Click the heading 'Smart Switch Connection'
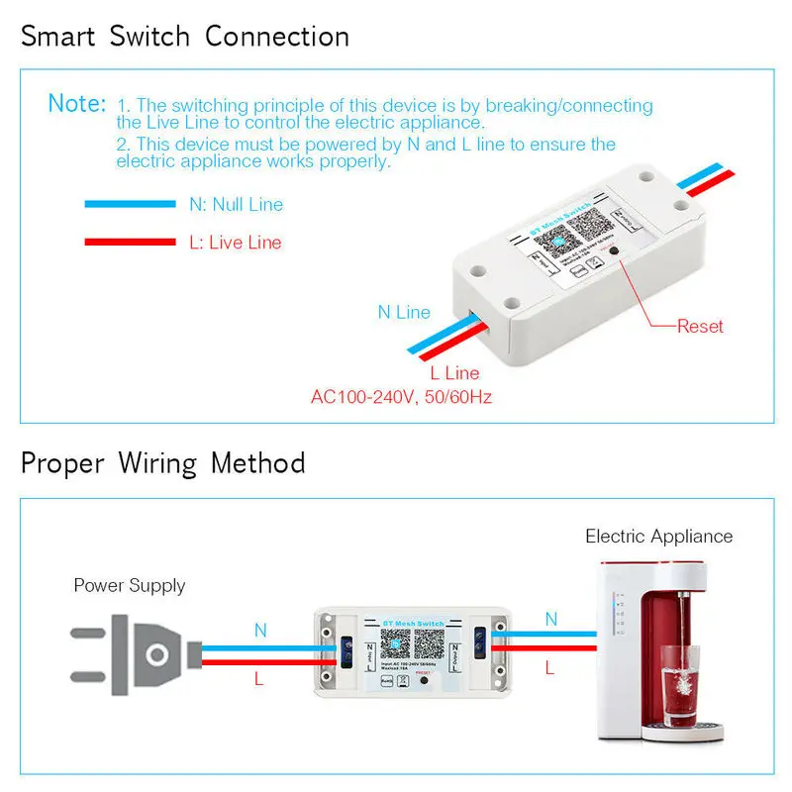coord(185,38)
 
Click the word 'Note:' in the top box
coord(76,103)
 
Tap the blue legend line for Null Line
coord(130,205)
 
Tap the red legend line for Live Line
coord(130,243)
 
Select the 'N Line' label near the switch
coord(404,312)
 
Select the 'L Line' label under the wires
coord(454,373)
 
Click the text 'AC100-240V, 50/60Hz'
coord(401,397)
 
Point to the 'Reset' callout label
coord(700,326)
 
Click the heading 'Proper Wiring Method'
coord(163,463)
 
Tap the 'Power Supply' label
coord(130,585)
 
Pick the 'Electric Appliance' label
coord(659,537)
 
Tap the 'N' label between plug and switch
coord(260,630)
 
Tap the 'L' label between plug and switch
coord(259,679)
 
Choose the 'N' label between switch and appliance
coord(551,620)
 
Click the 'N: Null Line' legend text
coord(236,205)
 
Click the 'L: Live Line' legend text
coord(235,243)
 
